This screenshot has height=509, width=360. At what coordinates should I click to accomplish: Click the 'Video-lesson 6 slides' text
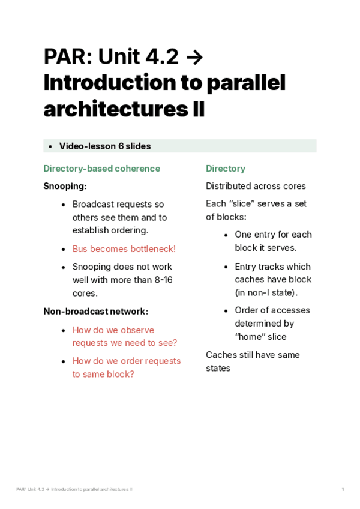[x=104, y=146]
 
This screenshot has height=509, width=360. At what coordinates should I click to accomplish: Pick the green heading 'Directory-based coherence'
[x=101, y=169]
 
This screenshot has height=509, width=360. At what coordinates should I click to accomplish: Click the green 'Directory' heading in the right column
[x=226, y=169]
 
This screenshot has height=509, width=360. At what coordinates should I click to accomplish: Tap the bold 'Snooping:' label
[x=65, y=186]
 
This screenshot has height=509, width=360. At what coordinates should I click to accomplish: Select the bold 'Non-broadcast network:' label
[x=95, y=311]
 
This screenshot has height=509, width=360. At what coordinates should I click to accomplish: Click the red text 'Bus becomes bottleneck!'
[x=124, y=248]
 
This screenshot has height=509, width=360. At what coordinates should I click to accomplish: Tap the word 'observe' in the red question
[x=138, y=330]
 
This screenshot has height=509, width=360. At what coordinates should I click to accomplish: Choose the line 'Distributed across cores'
[x=256, y=186]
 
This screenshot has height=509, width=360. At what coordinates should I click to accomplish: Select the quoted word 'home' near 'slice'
[x=251, y=337]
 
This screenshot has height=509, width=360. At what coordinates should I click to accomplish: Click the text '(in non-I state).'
[x=266, y=292]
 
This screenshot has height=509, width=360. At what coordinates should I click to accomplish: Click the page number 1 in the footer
[x=343, y=490]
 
